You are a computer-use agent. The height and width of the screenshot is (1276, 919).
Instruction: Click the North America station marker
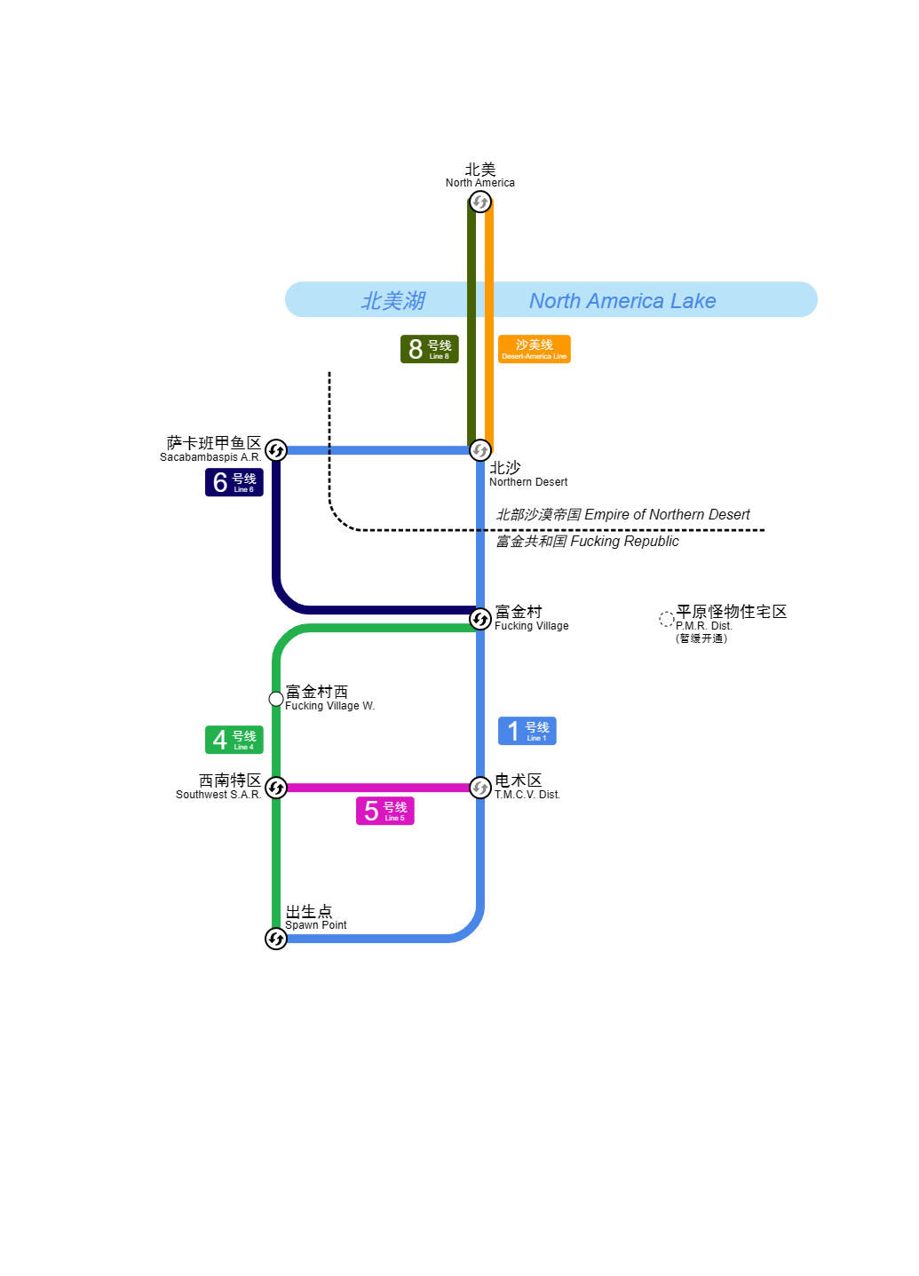[480, 202]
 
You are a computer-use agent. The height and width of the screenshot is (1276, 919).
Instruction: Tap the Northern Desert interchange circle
[480, 450]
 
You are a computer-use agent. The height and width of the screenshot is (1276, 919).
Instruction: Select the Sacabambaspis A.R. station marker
[276, 450]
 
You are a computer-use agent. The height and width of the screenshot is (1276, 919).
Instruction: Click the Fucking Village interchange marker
[480, 619]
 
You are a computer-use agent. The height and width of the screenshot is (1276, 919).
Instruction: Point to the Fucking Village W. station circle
[276, 699]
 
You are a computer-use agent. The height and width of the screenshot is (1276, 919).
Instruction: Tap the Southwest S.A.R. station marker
[276, 788]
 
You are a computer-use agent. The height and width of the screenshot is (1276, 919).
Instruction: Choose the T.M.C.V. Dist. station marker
[480, 788]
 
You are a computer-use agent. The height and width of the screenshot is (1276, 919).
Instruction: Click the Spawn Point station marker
[276, 939]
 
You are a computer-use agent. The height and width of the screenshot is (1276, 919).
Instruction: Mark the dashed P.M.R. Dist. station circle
[667, 619]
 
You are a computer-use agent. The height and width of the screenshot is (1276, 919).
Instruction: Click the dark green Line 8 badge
[430, 349]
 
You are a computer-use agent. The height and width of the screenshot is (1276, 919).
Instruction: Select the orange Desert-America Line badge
[534, 349]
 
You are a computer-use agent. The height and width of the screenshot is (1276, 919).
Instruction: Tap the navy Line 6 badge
[234, 482]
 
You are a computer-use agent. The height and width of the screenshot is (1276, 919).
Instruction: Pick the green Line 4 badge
[234, 740]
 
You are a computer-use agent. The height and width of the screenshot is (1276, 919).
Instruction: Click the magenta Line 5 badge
[385, 811]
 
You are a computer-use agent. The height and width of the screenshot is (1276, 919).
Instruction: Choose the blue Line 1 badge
[527, 731]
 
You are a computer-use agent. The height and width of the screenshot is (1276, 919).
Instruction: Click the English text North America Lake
[622, 301]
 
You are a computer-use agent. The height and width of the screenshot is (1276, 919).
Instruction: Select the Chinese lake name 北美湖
[393, 301]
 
